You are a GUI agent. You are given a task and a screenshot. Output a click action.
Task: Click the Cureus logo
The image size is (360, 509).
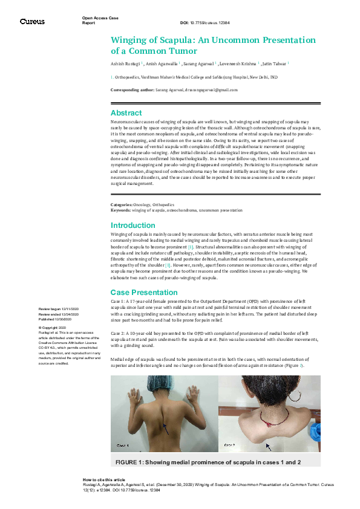(32, 21)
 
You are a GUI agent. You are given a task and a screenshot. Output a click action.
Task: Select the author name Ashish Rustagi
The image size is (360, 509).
(124, 63)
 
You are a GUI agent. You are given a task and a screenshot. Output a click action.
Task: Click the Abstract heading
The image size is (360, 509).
(126, 113)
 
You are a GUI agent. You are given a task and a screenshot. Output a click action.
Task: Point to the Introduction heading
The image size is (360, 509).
(133, 225)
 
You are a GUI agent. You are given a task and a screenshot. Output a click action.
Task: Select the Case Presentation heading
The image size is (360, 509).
(143, 292)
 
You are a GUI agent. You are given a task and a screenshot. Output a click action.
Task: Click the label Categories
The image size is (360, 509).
(123, 206)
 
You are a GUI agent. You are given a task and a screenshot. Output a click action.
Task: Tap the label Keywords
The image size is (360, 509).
(121, 210)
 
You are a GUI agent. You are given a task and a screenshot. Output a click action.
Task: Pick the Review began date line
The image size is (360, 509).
(58, 309)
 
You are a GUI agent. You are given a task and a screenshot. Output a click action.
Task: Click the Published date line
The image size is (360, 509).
(57, 319)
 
